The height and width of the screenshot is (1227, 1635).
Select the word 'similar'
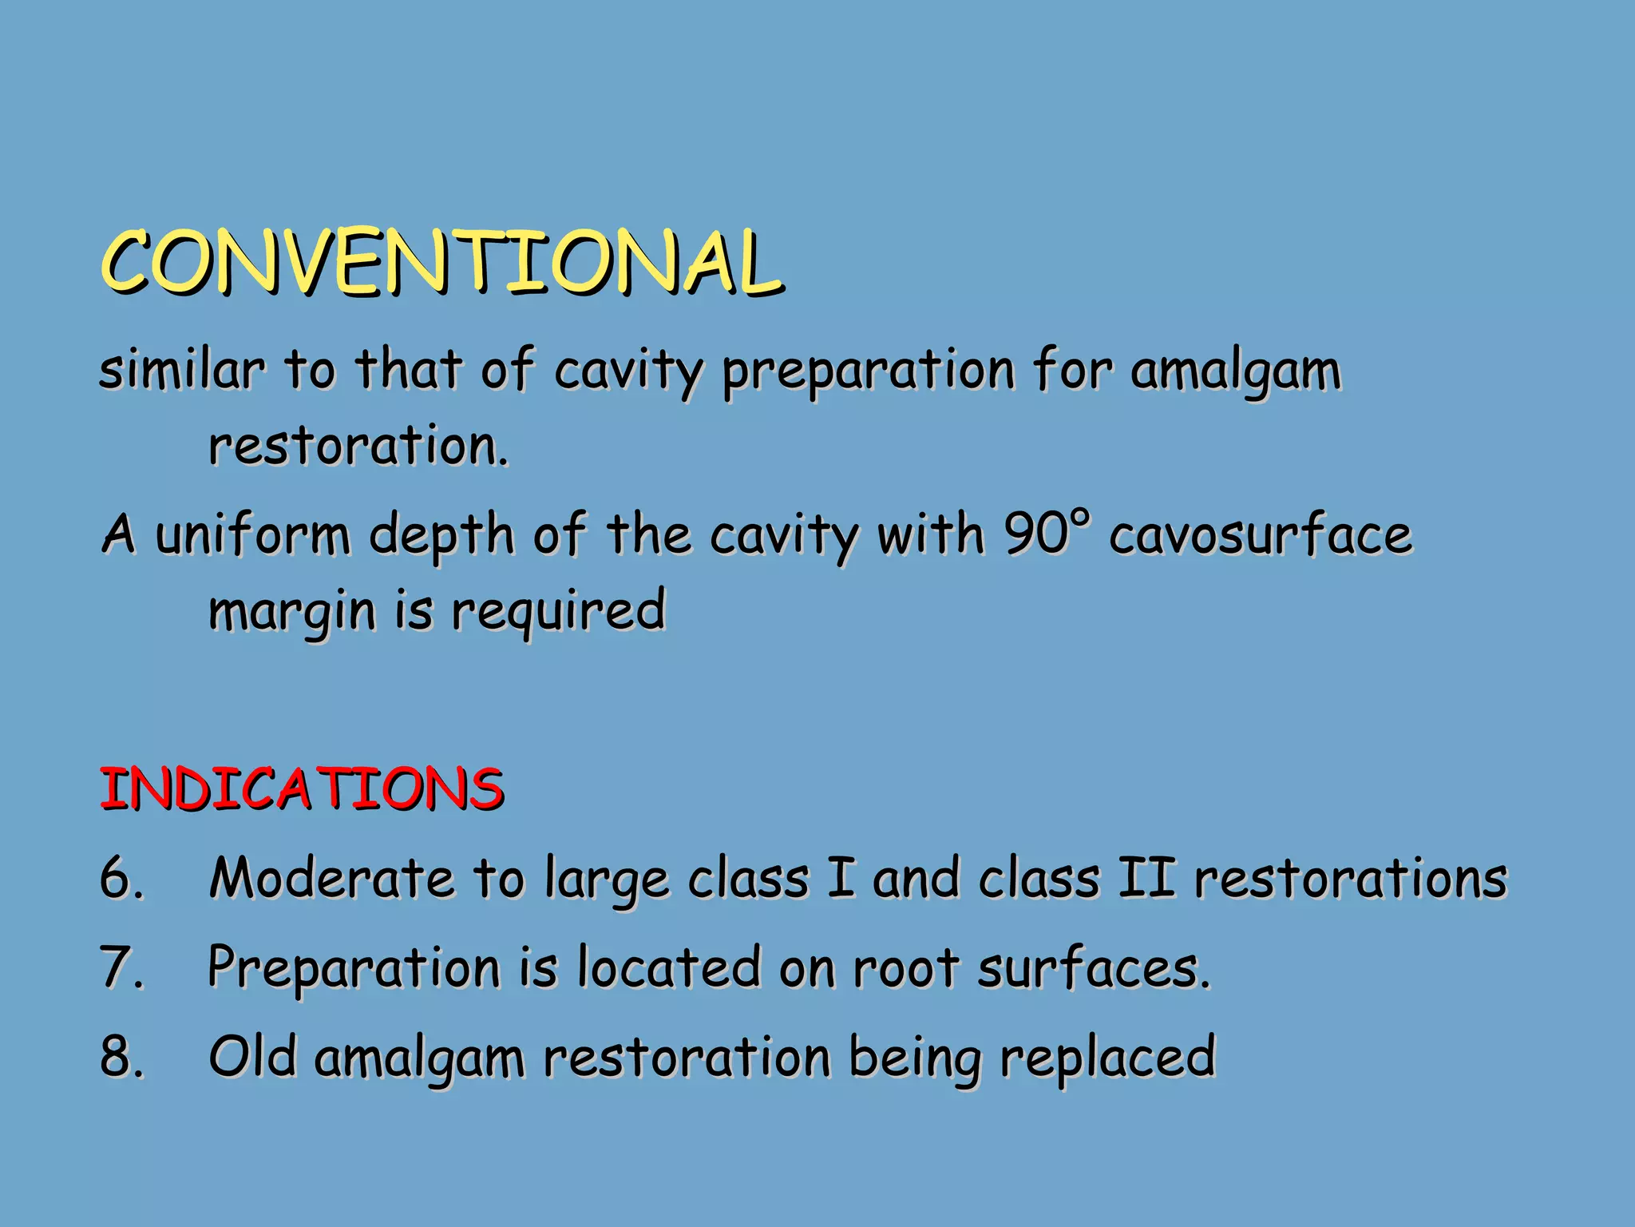[180, 370]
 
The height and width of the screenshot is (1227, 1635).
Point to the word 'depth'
[441, 535]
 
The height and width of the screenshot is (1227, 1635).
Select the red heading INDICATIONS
[301, 788]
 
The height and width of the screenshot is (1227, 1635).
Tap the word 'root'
[905, 967]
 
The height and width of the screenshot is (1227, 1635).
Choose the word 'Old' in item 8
[252, 1055]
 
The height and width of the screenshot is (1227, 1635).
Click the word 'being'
[913, 1058]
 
